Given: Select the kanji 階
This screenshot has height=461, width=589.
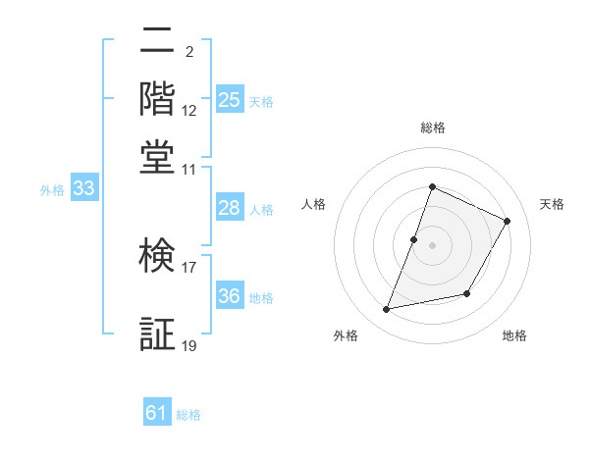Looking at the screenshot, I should tap(159, 99).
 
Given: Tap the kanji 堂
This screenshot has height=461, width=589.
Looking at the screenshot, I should tap(159, 157).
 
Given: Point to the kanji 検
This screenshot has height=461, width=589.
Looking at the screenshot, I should tap(159, 257).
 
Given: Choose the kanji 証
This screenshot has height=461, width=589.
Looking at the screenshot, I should tap(159, 334).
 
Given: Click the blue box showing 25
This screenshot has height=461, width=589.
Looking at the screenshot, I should tap(230, 100).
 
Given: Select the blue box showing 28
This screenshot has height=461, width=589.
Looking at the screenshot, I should tap(229, 208).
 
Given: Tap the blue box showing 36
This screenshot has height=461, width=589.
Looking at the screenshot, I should tap(229, 297).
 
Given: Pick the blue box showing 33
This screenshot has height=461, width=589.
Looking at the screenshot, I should tap(83, 189).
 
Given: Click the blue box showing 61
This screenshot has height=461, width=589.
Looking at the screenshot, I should tap(157, 414).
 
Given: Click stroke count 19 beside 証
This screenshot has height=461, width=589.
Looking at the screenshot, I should tap(189, 345).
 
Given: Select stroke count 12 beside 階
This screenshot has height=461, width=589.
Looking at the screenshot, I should tap(189, 111).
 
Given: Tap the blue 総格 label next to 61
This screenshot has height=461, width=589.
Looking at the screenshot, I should tap(188, 415).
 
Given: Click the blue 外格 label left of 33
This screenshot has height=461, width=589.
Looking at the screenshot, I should tap(52, 190).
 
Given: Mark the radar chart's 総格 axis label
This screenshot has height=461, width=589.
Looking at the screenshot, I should tap(432, 128).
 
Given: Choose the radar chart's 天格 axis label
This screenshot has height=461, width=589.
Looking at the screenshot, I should tap(552, 204).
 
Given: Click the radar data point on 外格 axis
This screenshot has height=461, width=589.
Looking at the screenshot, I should tap(387, 310).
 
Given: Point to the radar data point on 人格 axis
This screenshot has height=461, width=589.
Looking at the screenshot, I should tap(414, 239).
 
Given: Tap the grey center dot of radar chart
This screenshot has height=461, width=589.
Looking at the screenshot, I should tap(432, 245).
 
